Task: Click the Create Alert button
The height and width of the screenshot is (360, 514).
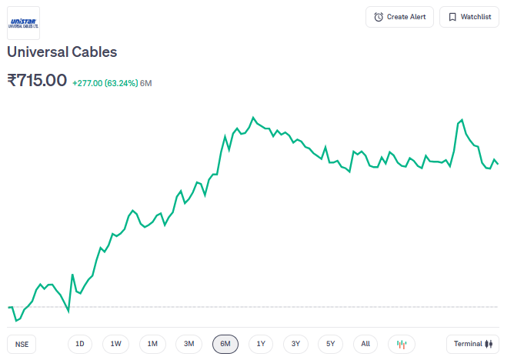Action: point(399,17)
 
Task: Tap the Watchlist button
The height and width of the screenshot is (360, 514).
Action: point(469,17)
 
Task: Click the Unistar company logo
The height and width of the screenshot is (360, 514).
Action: point(23,23)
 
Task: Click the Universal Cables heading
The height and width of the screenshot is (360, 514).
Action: point(62,52)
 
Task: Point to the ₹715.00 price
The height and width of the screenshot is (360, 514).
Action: point(36,80)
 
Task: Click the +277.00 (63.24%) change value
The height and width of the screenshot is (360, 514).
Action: point(105,82)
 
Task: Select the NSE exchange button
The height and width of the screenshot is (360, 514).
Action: point(22,344)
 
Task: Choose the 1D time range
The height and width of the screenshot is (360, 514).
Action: point(79,344)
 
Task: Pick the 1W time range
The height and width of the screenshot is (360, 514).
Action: point(115,344)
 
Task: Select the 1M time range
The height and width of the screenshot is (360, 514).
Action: point(152,344)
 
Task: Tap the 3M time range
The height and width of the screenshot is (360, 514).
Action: point(189,344)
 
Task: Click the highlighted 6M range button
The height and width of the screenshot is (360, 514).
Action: point(225,344)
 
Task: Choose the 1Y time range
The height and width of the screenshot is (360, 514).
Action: point(261,344)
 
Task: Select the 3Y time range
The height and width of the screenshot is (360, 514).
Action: point(296,344)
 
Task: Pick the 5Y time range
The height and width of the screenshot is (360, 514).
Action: point(331,344)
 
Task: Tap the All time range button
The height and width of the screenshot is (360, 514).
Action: point(365,344)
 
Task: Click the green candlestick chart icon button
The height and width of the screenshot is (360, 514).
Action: point(402,344)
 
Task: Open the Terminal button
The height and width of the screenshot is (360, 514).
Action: point(472,344)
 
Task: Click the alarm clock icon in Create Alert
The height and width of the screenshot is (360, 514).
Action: point(379,17)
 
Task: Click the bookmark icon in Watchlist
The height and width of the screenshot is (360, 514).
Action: point(452,17)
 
